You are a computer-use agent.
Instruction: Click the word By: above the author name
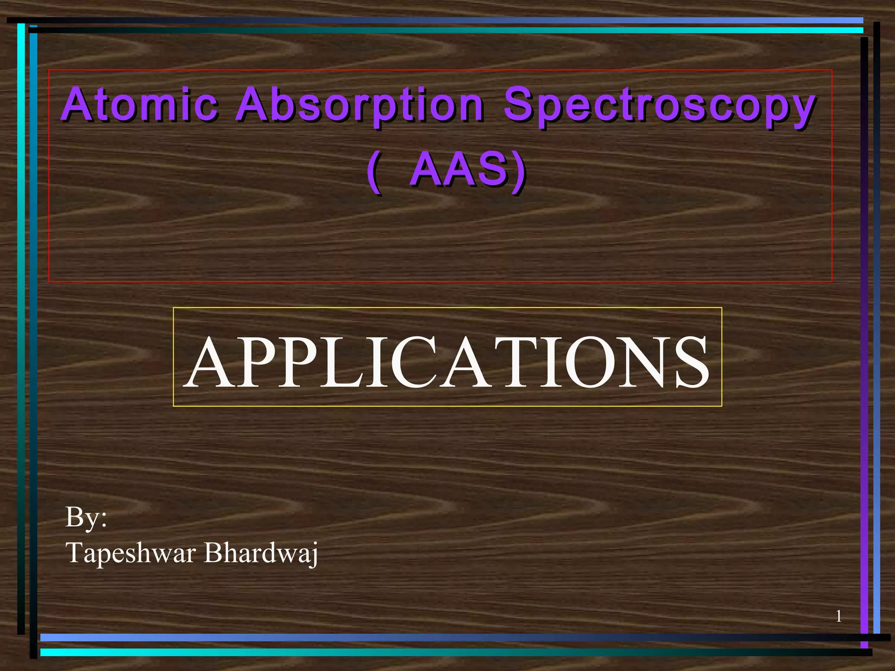(86, 517)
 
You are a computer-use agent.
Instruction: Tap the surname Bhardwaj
(261, 553)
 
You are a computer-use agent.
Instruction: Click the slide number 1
(839, 616)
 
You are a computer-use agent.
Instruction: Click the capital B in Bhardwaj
(213, 552)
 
